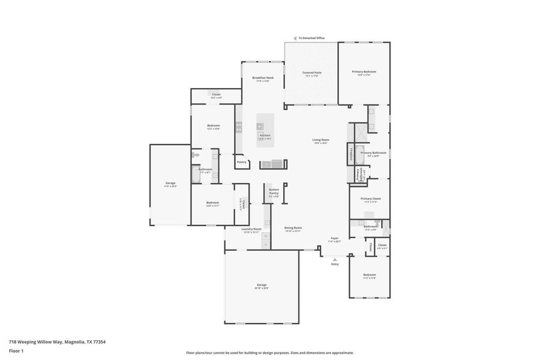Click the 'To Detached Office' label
(x=311, y=38)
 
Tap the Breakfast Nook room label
(x=263, y=78)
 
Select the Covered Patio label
(x=311, y=73)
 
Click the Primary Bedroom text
(x=364, y=72)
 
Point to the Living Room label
(x=320, y=140)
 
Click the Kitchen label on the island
(x=265, y=136)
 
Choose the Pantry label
(x=242, y=162)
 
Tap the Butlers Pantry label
(x=274, y=191)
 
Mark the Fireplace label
(x=350, y=154)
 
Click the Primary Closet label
(x=370, y=199)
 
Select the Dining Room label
(x=293, y=228)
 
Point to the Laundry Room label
(x=251, y=229)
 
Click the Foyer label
(x=334, y=238)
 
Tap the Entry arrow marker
(x=334, y=259)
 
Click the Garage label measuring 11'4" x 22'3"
(x=170, y=183)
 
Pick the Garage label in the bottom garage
(x=261, y=285)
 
